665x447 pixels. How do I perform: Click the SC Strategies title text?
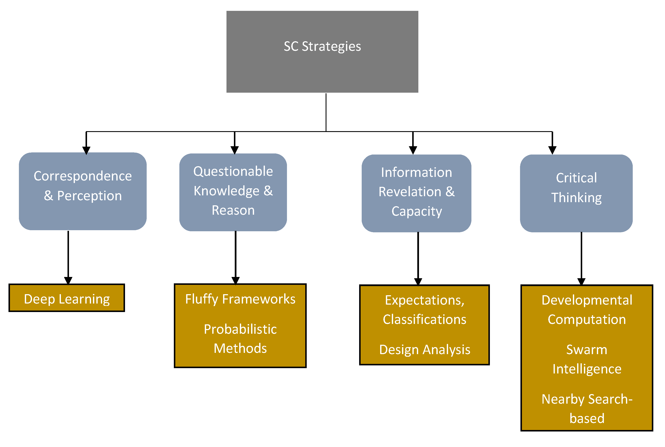[x=322, y=46]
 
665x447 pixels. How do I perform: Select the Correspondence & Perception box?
[x=83, y=191]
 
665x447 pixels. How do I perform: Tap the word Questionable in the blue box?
[x=233, y=171]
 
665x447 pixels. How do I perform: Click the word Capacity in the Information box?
[x=416, y=211]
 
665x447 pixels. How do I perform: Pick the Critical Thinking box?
[x=576, y=193]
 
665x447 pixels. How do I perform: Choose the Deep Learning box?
[x=67, y=298]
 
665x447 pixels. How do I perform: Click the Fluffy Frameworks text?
[x=240, y=299]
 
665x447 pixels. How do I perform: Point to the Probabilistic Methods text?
[x=240, y=339]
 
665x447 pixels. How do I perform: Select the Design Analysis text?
[x=425, y=349]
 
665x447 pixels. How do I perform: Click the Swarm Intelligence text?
[x=587, y=359]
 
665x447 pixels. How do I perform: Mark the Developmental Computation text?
[x=587, y=310]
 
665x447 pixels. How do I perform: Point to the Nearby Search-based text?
[x=587, y=409]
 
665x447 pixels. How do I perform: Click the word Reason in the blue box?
[x=233, y=210]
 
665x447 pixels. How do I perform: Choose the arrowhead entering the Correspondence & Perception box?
[x=86, y=150]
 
